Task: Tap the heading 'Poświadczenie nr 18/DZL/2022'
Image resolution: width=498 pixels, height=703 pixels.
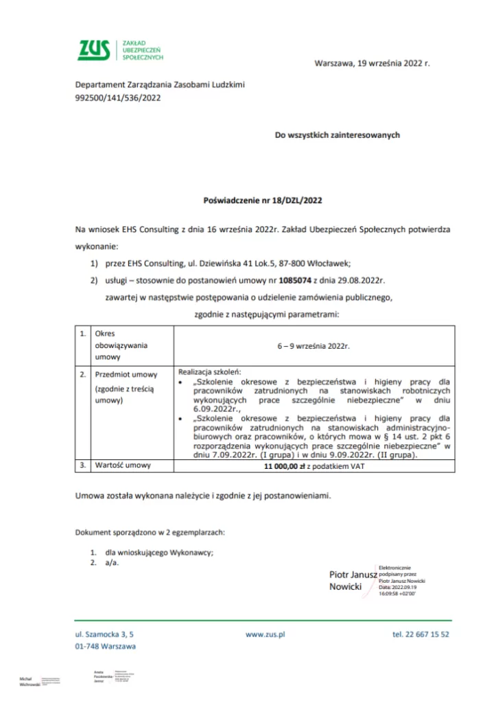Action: (263, 201)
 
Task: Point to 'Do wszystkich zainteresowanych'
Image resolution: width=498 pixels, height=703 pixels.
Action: (337, 135)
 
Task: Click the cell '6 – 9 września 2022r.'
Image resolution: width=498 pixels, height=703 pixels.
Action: (313, 346)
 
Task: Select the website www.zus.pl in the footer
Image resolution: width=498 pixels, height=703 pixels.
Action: (265, 635)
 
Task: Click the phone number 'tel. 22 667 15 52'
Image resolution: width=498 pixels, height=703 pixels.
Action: (420, 635)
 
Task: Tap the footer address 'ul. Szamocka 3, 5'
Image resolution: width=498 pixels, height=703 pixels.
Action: (104, 635)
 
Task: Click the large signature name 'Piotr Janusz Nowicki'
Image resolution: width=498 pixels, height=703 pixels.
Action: (352, 580)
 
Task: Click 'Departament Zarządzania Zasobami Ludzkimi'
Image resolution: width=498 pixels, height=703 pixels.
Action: (160, 84)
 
